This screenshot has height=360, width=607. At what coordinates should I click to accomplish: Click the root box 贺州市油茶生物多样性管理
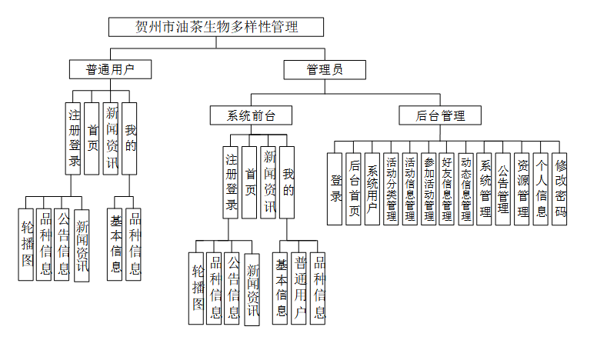216,27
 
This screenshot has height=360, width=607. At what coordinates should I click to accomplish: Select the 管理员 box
324,70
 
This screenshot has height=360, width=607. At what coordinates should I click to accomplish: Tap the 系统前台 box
250,116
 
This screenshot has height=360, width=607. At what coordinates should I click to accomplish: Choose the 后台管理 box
441,116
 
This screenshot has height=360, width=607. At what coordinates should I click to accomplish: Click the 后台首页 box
354,188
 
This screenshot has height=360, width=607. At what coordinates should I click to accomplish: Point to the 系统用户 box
372,188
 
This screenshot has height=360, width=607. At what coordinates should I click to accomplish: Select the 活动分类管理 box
391,188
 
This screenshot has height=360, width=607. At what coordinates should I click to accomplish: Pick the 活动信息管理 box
409,188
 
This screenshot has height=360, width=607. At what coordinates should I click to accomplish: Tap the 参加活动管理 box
429,188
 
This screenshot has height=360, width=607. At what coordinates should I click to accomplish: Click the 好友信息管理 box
447,188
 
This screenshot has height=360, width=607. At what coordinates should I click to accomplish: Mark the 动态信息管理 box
465,188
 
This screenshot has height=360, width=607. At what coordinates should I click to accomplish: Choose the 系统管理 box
485,188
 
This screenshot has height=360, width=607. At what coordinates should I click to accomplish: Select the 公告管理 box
503,188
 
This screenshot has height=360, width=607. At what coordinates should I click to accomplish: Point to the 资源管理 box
522,188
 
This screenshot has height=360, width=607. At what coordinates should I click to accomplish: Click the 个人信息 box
541,188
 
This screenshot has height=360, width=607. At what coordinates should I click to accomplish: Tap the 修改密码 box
560,188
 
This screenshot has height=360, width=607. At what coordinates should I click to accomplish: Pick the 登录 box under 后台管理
335,188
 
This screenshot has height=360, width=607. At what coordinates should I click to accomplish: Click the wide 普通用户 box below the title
110,69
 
